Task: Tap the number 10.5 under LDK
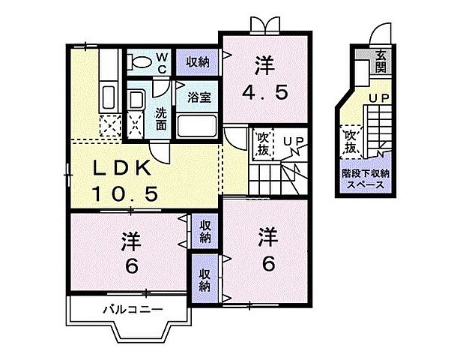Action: (x=124, y=194)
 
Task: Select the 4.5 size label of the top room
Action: (x=263, y=93)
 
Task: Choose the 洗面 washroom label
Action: (x=160, y=118)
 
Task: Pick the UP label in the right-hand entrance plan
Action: (x=377, y=98)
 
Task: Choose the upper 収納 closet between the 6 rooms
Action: (x=205, y=231)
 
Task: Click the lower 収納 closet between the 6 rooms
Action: (x=205, y=279)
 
